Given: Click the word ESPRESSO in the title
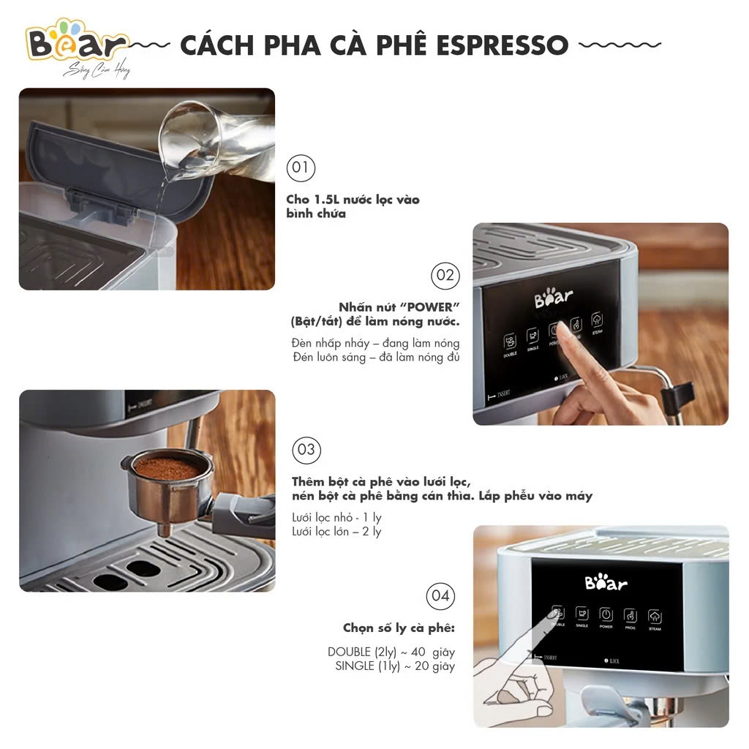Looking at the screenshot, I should [502, 45].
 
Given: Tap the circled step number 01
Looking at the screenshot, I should [300, 168].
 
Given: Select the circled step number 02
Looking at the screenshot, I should [445, 276].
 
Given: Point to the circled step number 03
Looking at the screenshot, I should [307, 449].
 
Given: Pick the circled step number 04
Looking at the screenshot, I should [440, 595].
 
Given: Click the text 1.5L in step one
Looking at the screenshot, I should [321, 200].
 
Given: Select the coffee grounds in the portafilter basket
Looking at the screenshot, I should [167, 468].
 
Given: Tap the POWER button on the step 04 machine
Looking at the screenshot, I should [606, 615].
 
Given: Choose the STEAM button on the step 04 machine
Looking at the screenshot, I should [655, 617].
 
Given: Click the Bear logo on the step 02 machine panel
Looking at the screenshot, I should [553, 298].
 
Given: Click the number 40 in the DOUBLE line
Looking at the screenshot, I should [422, 652].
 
